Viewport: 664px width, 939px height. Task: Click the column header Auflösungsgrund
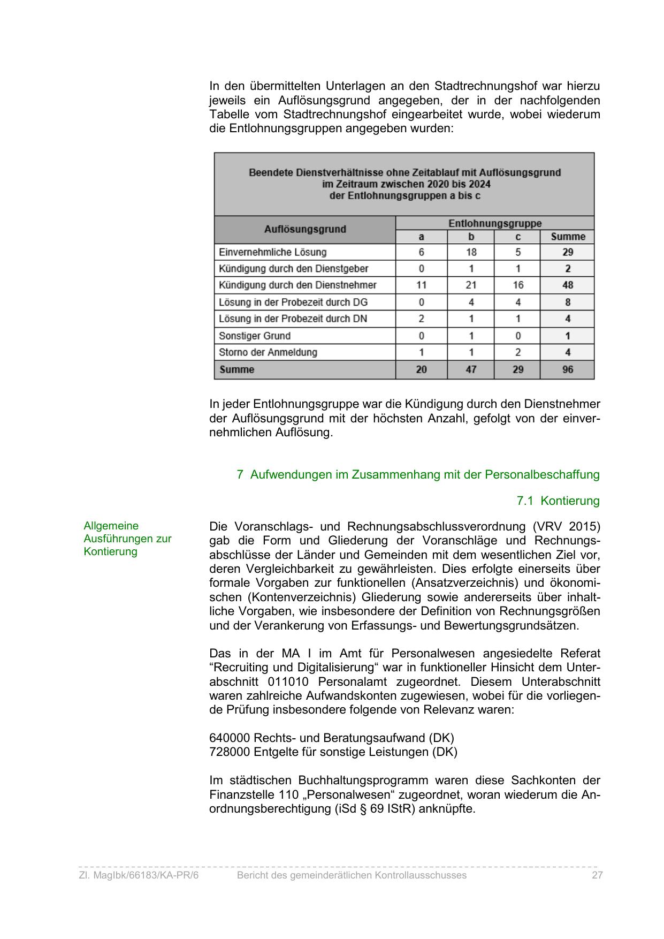click(305, 230)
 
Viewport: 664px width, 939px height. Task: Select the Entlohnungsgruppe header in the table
click(494, 223)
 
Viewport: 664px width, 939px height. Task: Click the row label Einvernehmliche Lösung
click(272, 252)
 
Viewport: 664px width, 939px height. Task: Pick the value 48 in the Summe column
click(568, 285)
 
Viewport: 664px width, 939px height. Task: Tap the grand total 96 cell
click(568, 369)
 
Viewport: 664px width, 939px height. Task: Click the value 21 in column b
click(471, 285)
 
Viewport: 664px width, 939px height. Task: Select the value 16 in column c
click(517, 285)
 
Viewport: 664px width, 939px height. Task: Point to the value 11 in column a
click(422, 285)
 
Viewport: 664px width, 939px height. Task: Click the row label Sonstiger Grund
click(255, 336)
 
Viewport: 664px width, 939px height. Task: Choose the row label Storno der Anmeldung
click(268, 352)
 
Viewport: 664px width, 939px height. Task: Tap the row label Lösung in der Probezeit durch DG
click(293, 302)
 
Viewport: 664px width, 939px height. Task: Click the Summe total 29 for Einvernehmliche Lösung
click(568, 252)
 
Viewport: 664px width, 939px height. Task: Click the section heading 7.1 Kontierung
click(558, 501)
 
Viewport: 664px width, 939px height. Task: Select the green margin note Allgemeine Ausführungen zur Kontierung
click(127, 539)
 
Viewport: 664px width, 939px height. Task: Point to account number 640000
click(230, 738)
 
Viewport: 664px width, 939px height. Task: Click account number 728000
click(230, 752)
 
